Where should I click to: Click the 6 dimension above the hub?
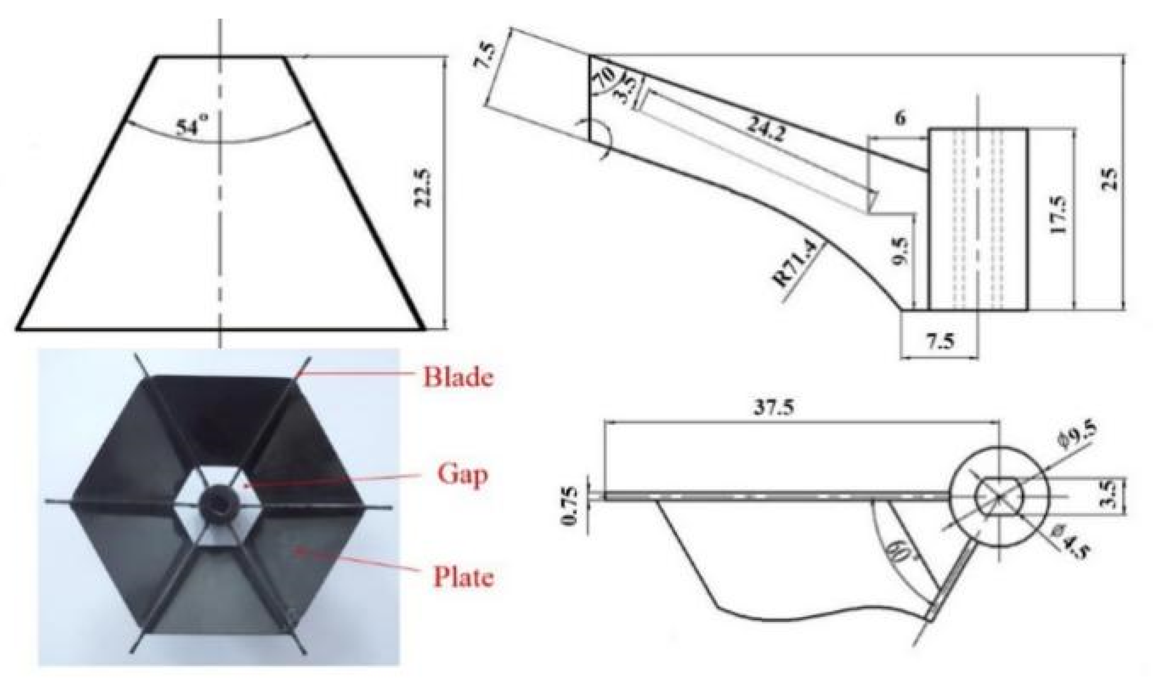tap(900, 118)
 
